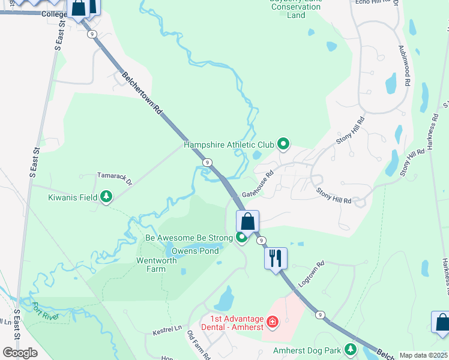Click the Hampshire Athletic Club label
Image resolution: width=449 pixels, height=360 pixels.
[228, 145]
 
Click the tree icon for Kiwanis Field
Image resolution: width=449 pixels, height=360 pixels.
[106, 197]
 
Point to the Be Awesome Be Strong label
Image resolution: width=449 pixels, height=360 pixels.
[188, 238]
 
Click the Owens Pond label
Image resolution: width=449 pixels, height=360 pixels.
[195, 251]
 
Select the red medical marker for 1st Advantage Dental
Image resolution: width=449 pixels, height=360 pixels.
[273, 323]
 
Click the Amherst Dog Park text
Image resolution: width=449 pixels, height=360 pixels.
[307, 350]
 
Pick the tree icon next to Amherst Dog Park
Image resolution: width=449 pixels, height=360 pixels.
[350, 350]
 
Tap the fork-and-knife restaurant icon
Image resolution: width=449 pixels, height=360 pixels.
[276, 259]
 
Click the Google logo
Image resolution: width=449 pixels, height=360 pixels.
[20, 352]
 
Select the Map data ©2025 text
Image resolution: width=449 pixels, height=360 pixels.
[423, 355]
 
